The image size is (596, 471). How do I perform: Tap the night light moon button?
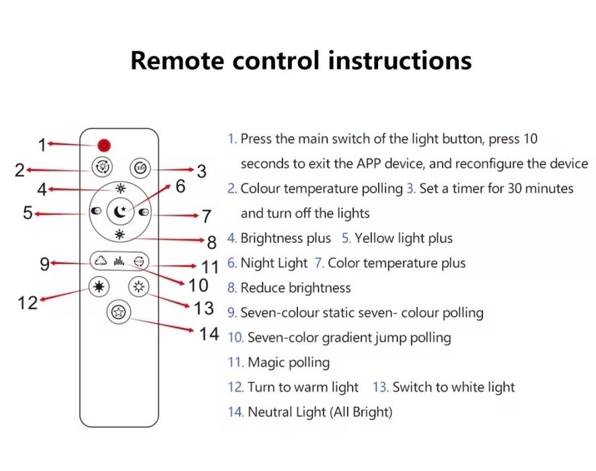120,212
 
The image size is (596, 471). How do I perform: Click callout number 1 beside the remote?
42,145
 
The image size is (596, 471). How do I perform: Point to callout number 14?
209,333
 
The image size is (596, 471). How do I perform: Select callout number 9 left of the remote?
44,264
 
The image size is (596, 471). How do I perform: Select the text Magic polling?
289,363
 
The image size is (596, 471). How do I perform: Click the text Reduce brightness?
296,288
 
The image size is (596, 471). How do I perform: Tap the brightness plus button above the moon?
120,188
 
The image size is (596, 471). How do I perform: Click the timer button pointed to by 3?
138,167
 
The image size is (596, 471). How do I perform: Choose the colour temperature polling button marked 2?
102,167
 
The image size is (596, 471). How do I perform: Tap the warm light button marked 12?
100,287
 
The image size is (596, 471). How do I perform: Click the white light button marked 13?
139,287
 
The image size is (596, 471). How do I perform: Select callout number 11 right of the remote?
210,267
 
